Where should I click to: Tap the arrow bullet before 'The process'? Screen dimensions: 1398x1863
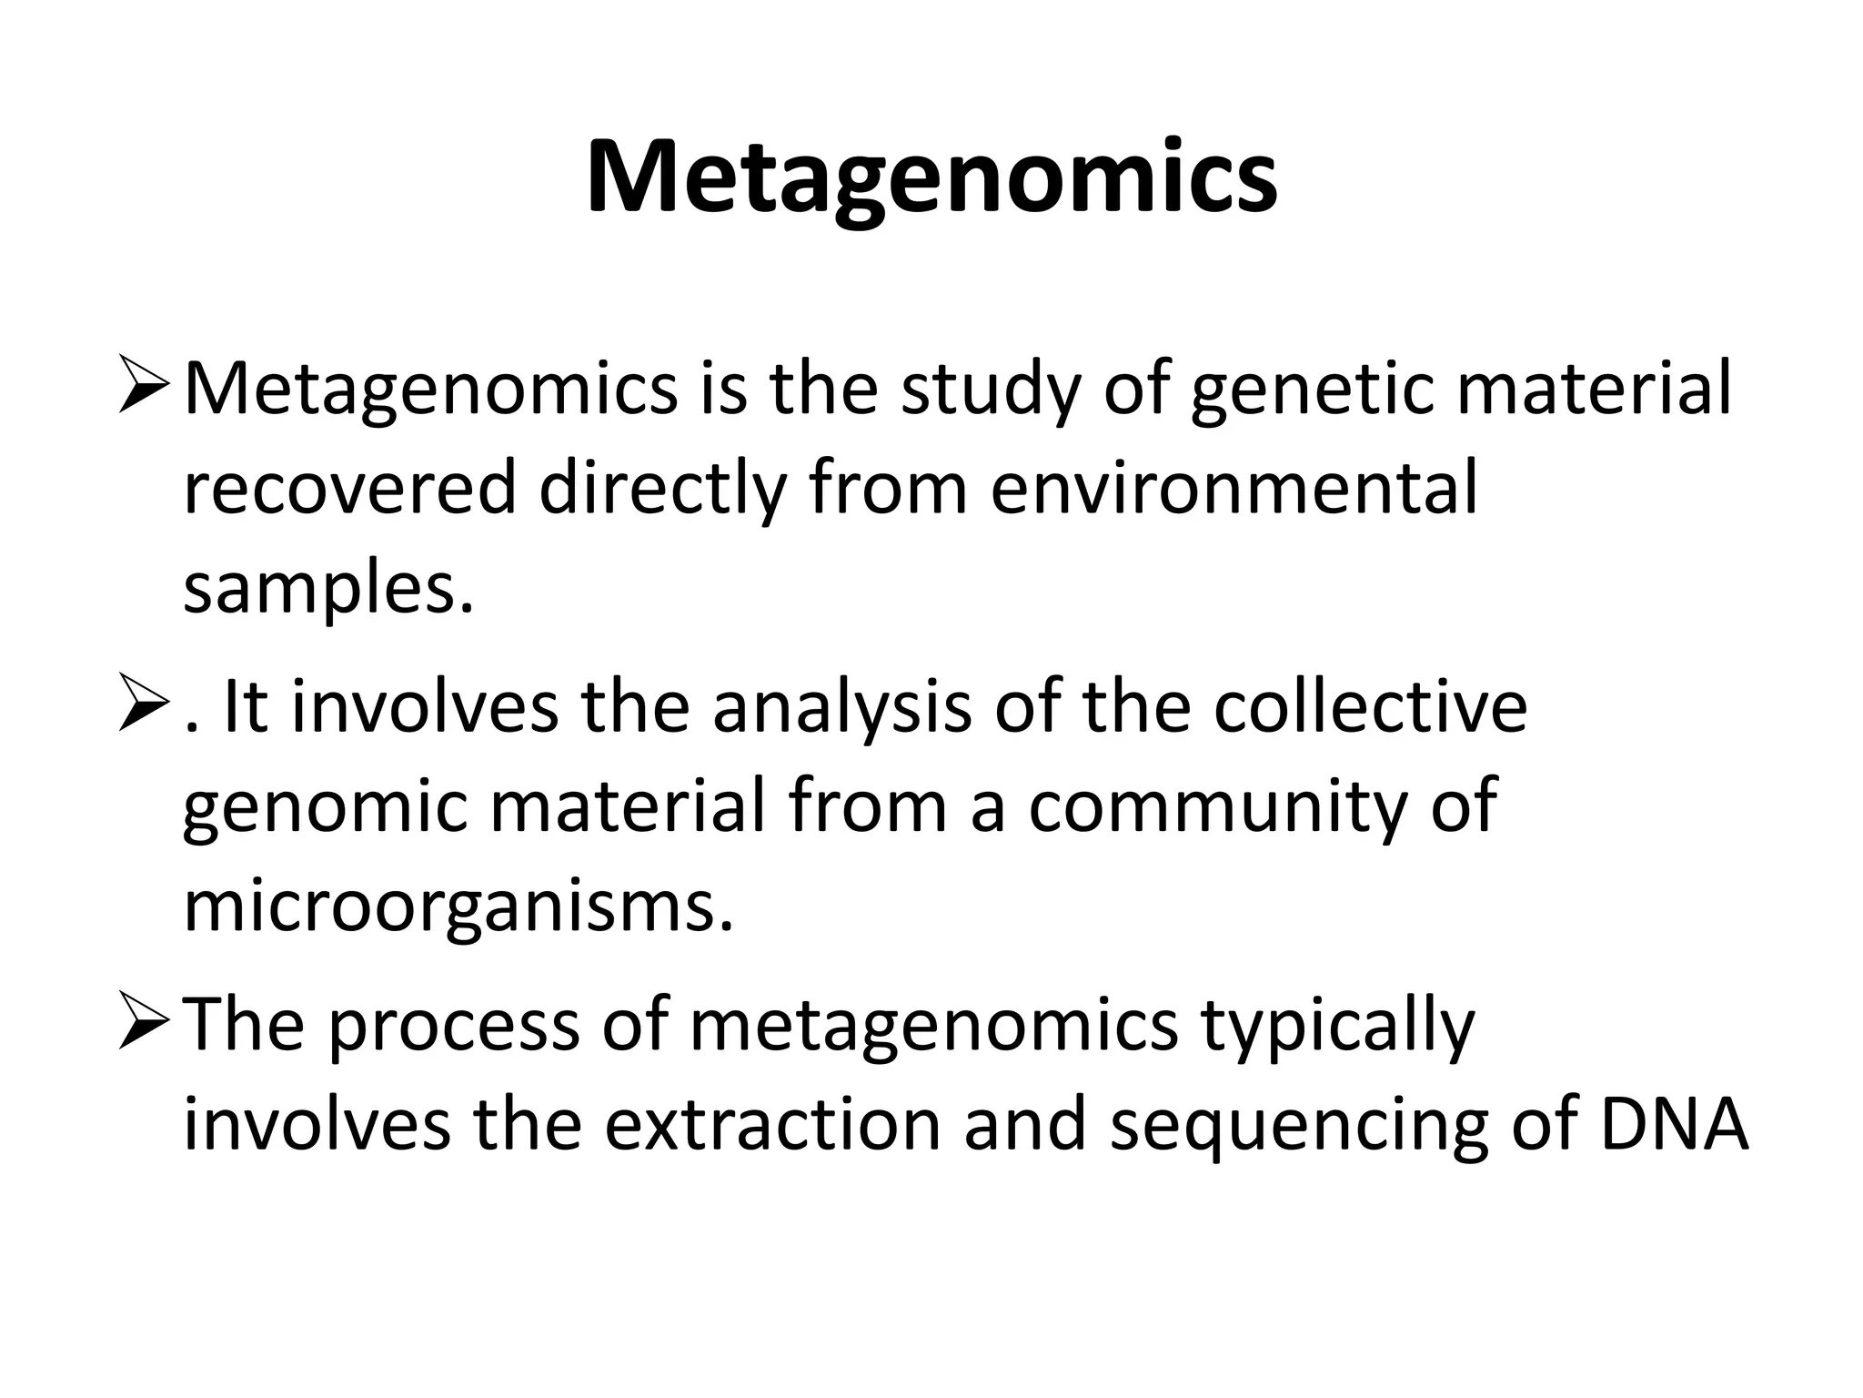coord(143,1024)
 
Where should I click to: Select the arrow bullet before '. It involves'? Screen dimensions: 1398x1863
coord(143,707)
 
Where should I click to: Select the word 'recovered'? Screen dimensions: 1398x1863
coord(348,489)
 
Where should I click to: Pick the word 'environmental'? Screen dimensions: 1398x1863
coord(1234,489)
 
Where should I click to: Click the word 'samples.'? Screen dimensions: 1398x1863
coord(329,589)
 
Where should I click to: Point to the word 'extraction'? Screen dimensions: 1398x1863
coord(772,1125)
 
